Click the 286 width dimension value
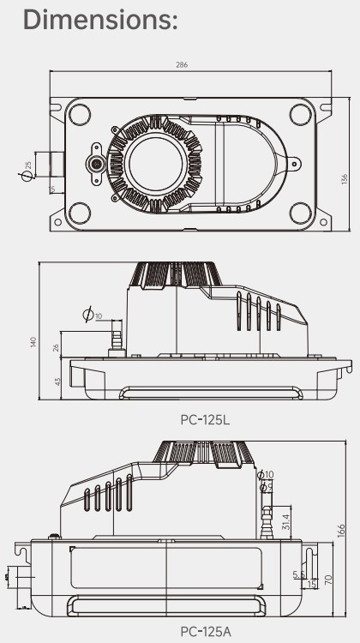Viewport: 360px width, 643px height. coord(183,64)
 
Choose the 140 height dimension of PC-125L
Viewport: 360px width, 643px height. coord(33,341)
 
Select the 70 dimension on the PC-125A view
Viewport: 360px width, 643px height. coord(327,580)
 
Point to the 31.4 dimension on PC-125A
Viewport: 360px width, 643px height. coord(286,520)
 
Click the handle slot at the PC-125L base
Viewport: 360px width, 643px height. coord(210,393)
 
